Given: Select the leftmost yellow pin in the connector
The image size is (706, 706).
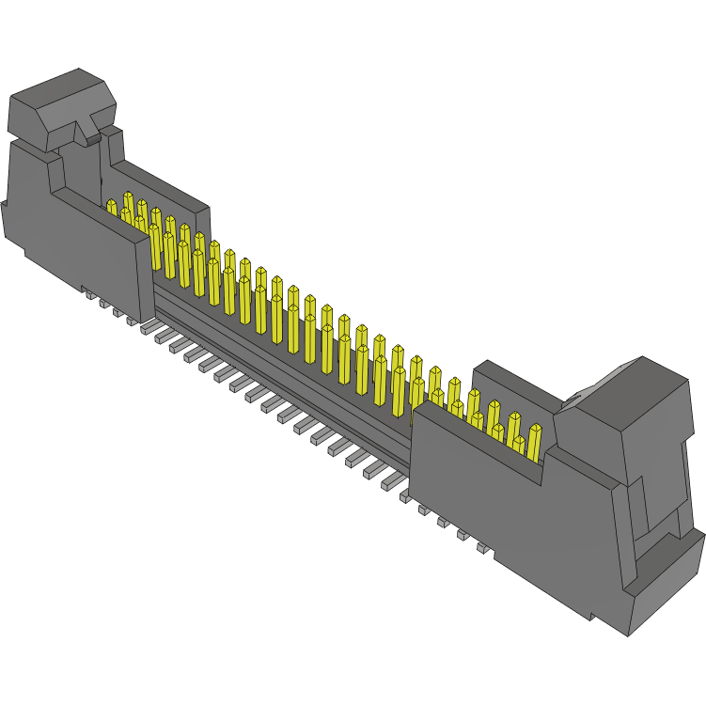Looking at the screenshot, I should coord(111,208).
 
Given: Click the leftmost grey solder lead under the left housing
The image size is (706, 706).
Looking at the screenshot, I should coord(90,295).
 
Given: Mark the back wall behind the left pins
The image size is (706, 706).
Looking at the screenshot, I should coord(160,188).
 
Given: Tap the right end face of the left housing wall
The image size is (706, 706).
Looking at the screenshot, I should coord(153,273).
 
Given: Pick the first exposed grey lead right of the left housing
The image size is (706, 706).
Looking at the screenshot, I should coord(148,328).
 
